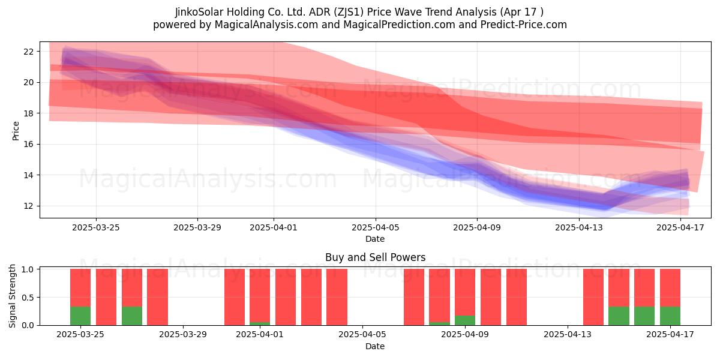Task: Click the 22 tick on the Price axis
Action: pos(29,52)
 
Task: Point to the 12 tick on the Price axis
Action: pos(29,206)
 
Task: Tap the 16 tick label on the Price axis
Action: pos(29,145)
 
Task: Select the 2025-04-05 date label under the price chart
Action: pos(375,227)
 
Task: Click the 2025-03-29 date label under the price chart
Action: pos(197,227)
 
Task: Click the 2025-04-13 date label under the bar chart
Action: pos(568,335)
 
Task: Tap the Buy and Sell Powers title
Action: pos(375,257)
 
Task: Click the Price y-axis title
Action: pos(16,131)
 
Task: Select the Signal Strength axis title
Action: pos(12,296)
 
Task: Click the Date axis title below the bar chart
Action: pos(375,346)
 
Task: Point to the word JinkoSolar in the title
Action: pos(199,12)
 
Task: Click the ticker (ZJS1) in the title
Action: pos(349,12)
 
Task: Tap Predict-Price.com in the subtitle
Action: pos(524,25)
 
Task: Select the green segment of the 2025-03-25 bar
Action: pos(80,316)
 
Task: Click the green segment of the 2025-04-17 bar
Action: pos(670,316)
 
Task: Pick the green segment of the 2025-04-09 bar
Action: pos(465,320)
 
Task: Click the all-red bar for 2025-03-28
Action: pos(157,297)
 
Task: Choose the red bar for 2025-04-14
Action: pos(593,297)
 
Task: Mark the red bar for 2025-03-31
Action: pos(235,297)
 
